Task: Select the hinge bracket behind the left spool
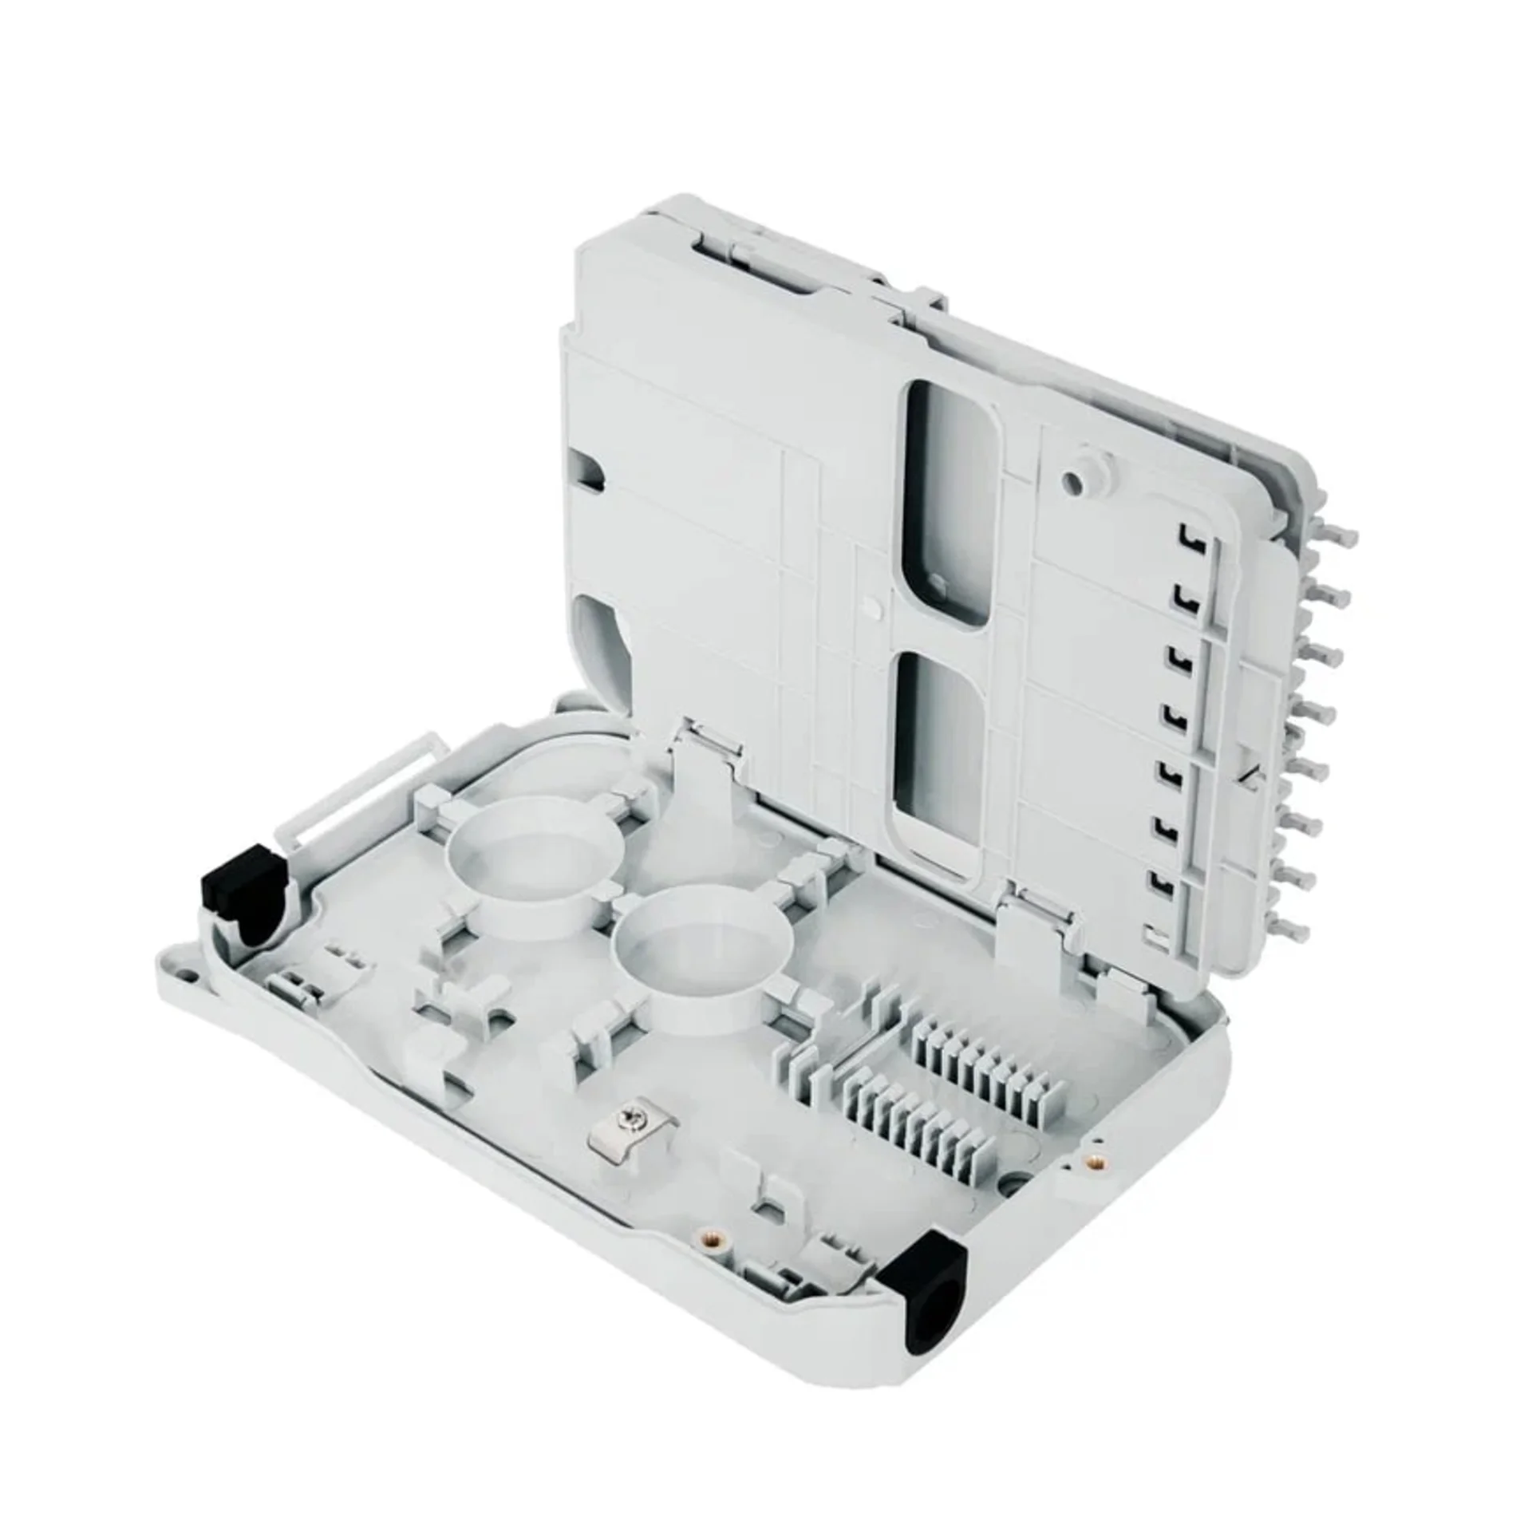coord(705,758)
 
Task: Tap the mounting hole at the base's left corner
coord(189,974)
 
